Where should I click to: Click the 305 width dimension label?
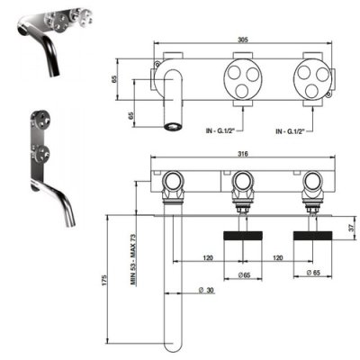click(x=243, y=40)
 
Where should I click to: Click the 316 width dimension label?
click(x=243, y=154)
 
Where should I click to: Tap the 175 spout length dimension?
click(x=103, y=280)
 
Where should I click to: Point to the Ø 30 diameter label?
click(x=207, y=290)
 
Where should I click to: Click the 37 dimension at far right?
click(x=353, y=227)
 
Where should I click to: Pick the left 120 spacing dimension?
click(x=208, y=257)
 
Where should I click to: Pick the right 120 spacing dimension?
click(x=278, y=257)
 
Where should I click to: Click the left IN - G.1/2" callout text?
click(x=220, y=130)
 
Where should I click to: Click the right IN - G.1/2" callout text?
click(x=290, y=130)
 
